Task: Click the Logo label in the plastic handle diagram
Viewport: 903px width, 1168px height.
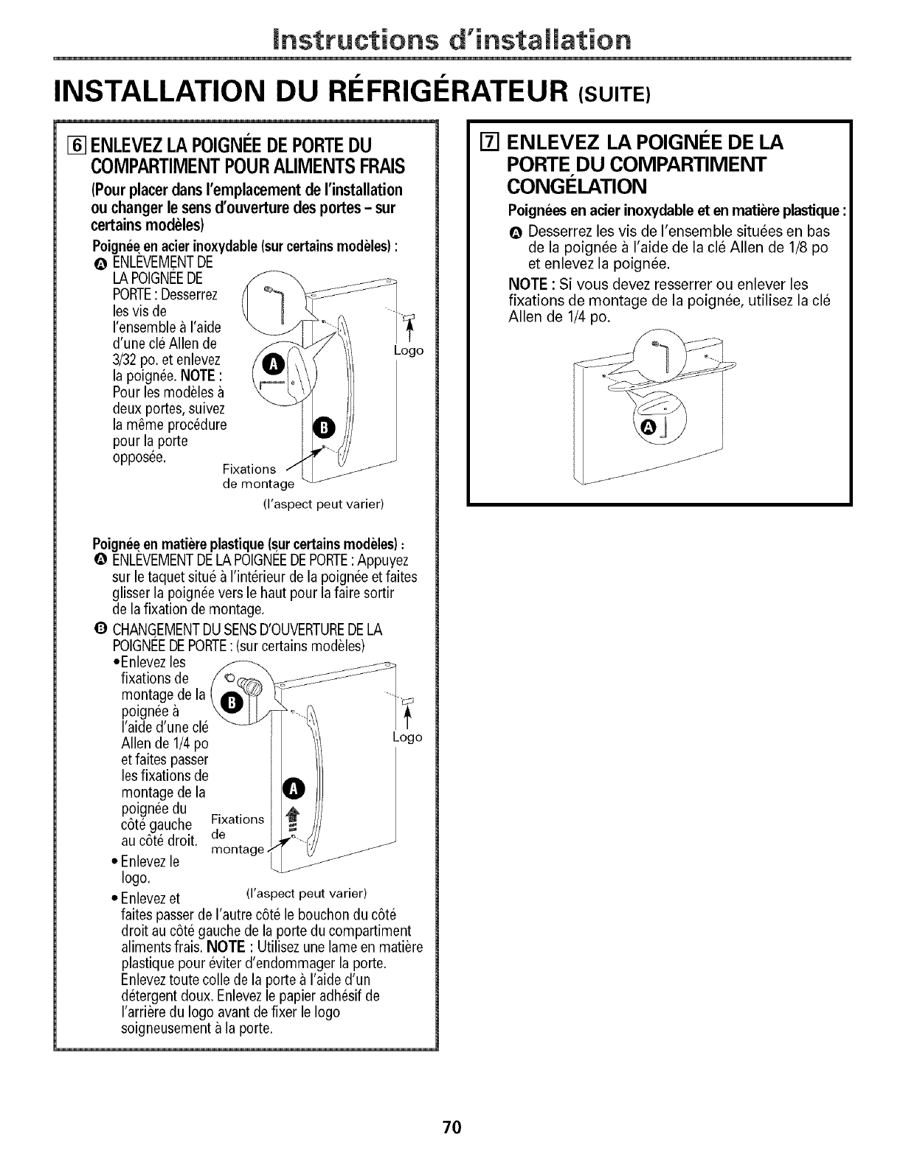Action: tap(408, 737)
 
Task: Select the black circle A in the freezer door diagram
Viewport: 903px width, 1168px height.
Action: tap(649, 428)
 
